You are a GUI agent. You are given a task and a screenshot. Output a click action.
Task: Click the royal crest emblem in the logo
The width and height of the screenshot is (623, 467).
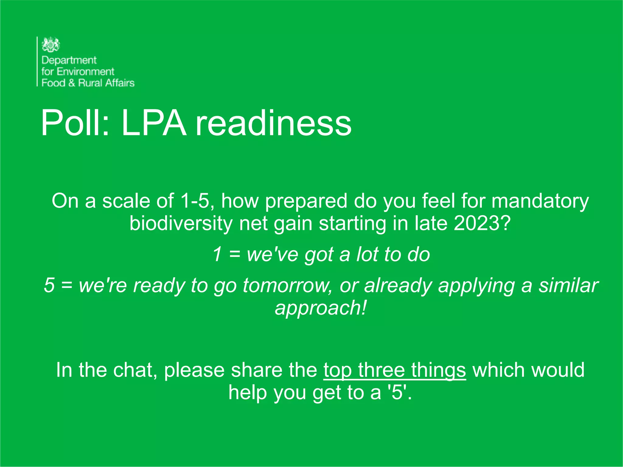coord(51,45)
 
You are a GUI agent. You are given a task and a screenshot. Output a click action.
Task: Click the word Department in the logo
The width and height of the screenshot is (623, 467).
coord(69,60)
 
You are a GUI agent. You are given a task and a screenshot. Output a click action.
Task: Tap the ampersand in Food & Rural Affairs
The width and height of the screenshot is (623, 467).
coord(72,83)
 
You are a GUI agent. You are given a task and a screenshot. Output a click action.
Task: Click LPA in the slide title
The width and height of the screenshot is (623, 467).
coord(154,123)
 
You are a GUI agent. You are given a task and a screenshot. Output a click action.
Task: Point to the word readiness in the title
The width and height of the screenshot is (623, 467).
coord(273,123)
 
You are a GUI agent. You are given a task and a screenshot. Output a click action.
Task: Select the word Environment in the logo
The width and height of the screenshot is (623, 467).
coord(85,71)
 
